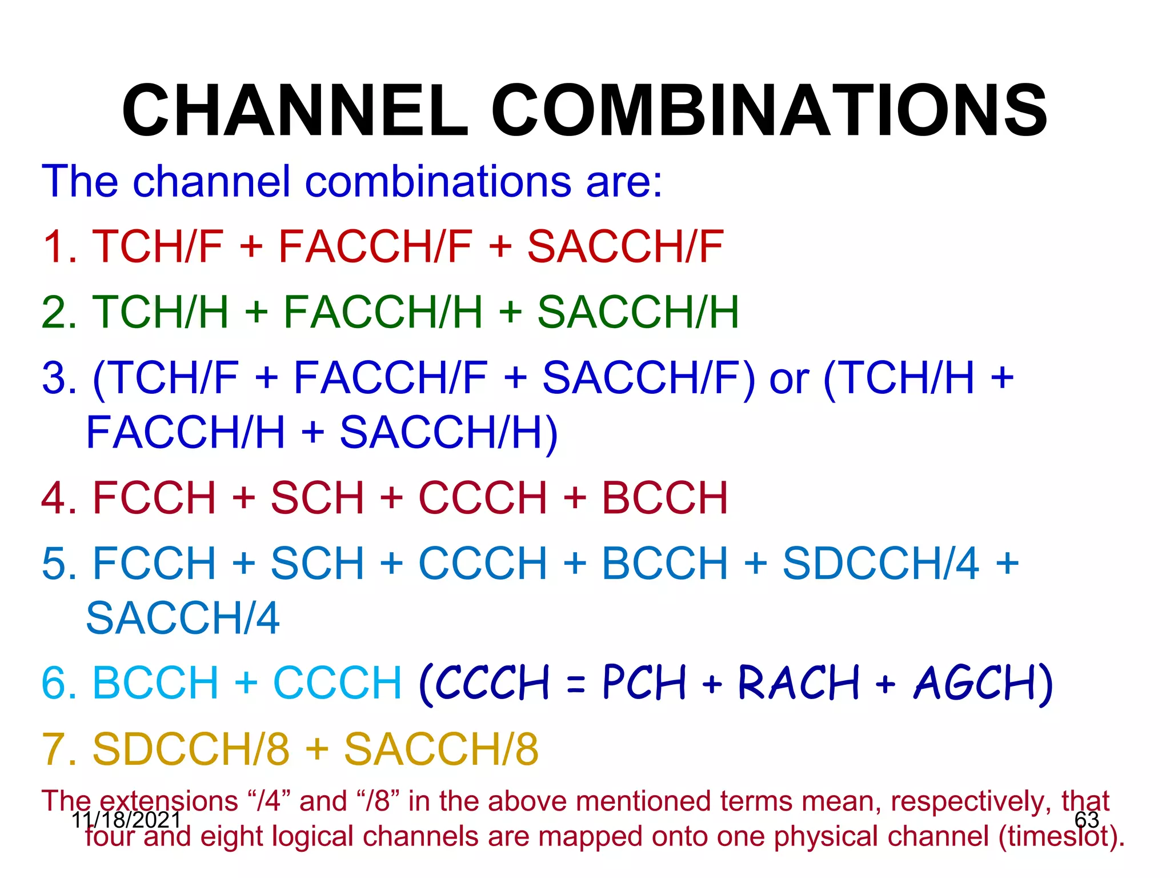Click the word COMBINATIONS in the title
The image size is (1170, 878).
(x=769, y=110)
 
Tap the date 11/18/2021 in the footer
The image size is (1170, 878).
(x=126, y=820)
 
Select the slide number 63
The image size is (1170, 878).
(x=1087, y=820)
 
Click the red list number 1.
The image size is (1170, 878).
(x=57, y=247)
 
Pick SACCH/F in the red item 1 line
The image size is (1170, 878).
(x=625, y=247)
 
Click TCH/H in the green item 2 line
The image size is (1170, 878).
(x=160, y=312)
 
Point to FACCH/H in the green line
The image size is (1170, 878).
(x=383, y=312)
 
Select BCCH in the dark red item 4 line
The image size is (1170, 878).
(x=664, y=498)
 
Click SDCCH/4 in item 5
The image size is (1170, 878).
(x=880, y=564)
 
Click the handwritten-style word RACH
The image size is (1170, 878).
(x=798, y=683)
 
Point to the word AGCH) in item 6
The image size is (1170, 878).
(x=983, y=683)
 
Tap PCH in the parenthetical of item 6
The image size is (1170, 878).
(x=644, y=683)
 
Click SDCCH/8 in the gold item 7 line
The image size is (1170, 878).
(x=191, y=749)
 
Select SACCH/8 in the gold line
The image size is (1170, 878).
(x=441, y=749)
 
